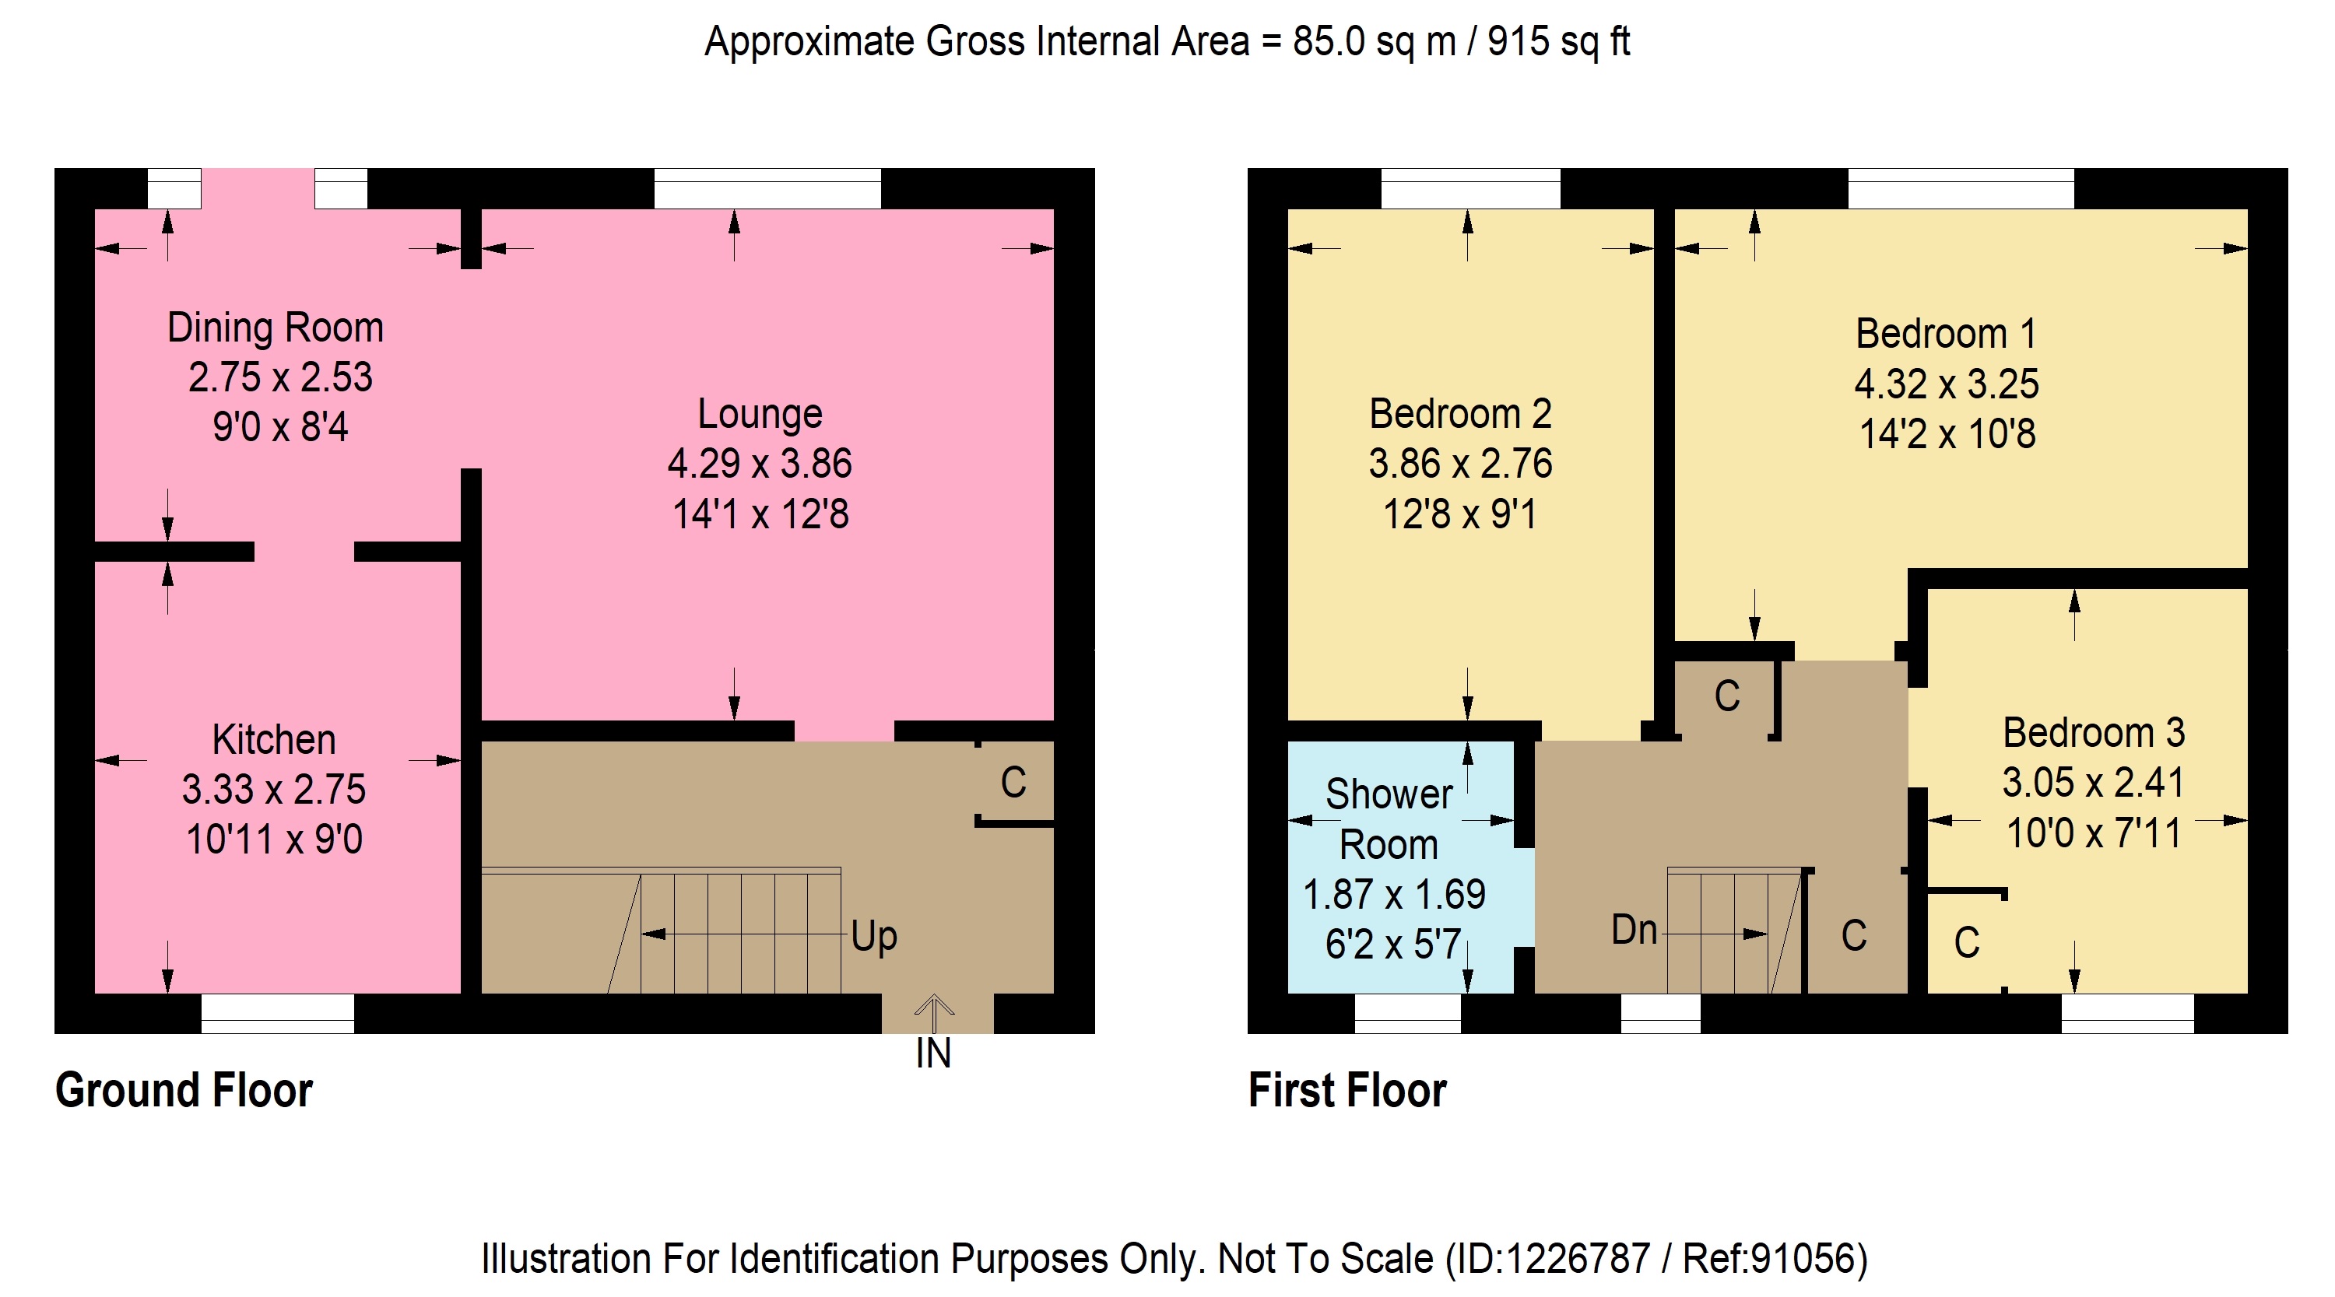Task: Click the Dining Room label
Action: (x=276, y=328)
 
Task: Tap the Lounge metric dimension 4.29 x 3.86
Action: (x=760, y=464)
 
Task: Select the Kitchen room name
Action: (x=274, y=740)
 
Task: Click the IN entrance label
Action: (x=934, y=1053)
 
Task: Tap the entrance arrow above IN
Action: (x=934, y=1013)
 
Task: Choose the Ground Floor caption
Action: (x=184, y=1089)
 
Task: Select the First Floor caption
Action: (x=1347, y=1089)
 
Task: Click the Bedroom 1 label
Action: (x=1946, y=334)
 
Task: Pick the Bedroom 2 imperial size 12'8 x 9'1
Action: (x=1459, y=515)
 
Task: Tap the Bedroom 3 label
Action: (x=2094, y=732)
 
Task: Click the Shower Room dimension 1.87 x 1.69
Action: (x=1394, y=895)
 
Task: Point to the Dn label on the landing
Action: (x=1634, y=930)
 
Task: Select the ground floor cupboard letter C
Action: (x=1013, y=782)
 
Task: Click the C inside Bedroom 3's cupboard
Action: (x=1967, y=943)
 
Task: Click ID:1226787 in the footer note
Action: (x=1554, y=1258)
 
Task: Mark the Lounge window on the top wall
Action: (x=767, y=188)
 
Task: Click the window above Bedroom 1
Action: (x=1961, y=188)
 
